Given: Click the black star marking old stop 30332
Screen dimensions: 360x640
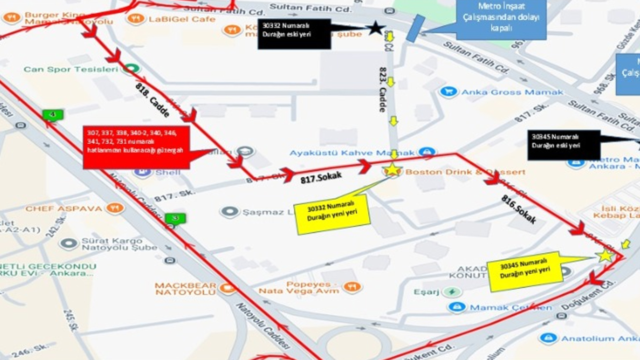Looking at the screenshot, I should [375, 27].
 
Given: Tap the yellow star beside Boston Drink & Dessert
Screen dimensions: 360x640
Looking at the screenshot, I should [392, 169].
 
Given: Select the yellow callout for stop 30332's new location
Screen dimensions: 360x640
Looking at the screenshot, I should [332, 214].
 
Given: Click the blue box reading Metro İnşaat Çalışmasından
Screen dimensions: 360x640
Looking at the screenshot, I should [501, 20].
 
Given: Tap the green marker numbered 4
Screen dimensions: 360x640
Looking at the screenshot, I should [53, 115].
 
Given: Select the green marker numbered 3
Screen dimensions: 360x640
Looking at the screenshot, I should [175, 218].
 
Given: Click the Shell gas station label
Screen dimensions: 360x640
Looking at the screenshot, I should [167, 172].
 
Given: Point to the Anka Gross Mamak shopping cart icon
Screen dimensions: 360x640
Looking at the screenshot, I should [448, 91].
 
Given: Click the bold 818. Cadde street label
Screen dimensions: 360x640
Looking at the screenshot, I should [152, 99].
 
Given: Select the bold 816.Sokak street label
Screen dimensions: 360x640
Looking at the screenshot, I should [518, 209].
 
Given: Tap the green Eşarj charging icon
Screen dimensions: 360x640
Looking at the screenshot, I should [452, 291].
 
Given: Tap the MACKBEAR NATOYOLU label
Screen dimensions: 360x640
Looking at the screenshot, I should [185, 288].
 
